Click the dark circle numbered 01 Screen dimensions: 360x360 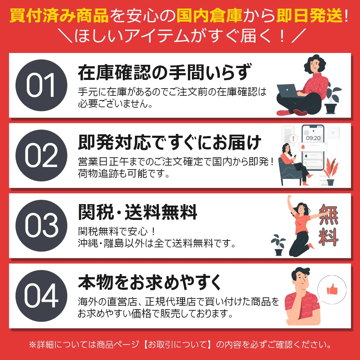tap(41, 85)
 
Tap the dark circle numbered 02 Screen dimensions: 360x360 tap(41, 156)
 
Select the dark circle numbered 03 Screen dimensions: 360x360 tap(41, 226)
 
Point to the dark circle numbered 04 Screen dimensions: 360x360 tap(41, 296)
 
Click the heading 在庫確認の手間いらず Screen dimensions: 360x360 tap(165, 72)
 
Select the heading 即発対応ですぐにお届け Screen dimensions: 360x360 tap(170, 142)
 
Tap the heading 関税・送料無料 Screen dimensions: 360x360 tap(138, 212)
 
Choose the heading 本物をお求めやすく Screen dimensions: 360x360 tap(150, 282)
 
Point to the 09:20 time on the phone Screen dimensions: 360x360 tap(313, 138)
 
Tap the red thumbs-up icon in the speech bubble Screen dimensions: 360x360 tap(332, 289)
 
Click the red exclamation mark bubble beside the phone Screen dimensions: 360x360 tap(293, 139)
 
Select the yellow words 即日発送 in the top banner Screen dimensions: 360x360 tap(309, 15)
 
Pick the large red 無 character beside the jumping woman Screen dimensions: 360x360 tap(329, 215)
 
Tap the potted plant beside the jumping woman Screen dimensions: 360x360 tap(279, 245)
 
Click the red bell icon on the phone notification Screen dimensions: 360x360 tap(303, 147)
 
